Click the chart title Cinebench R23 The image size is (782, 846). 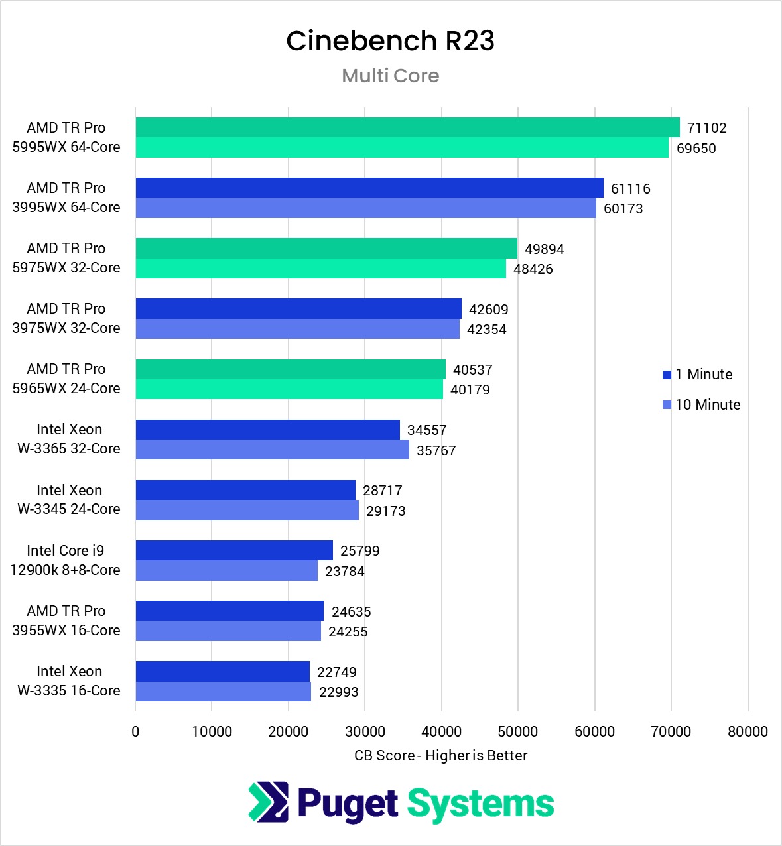pos(390,41)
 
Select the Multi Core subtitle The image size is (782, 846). pos(390,76)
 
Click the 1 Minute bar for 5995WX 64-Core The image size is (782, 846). pos(407,127)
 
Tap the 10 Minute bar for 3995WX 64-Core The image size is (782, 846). pos(365,208)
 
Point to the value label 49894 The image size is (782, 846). pos(544,249)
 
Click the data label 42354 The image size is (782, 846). pos(486,330)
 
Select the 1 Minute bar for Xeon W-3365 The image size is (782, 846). pos(267,430)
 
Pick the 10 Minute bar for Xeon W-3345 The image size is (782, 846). pos(247,511)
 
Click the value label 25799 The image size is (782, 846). pos(359,551)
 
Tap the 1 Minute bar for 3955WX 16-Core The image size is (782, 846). pos(229,611)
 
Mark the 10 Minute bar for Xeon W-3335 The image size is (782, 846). pos(223,692)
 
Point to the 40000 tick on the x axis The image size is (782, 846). pos(441,731)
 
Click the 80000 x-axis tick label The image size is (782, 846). pos(748,731)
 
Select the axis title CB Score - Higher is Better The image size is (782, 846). pos(440,756)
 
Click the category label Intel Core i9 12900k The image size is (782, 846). pos(66,560)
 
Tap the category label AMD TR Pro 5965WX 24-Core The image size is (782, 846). pos(66,379)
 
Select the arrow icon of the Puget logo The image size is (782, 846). pos(269,802)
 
